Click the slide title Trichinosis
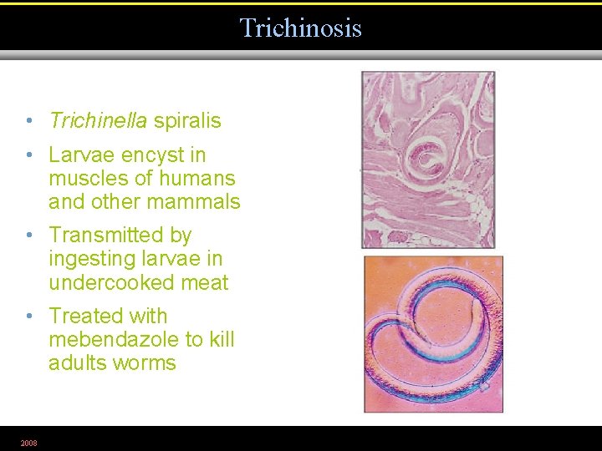[x=300, y=28]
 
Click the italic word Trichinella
[x=98, y=121]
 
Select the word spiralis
[x=187, y=121]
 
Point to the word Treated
[x=84, y=317]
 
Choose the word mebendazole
[x=114, y=340]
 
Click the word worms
[x=147, y=363]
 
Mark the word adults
[x=77, y=363]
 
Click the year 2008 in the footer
[x=29, y=443]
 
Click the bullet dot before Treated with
[x=28, y=317]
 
